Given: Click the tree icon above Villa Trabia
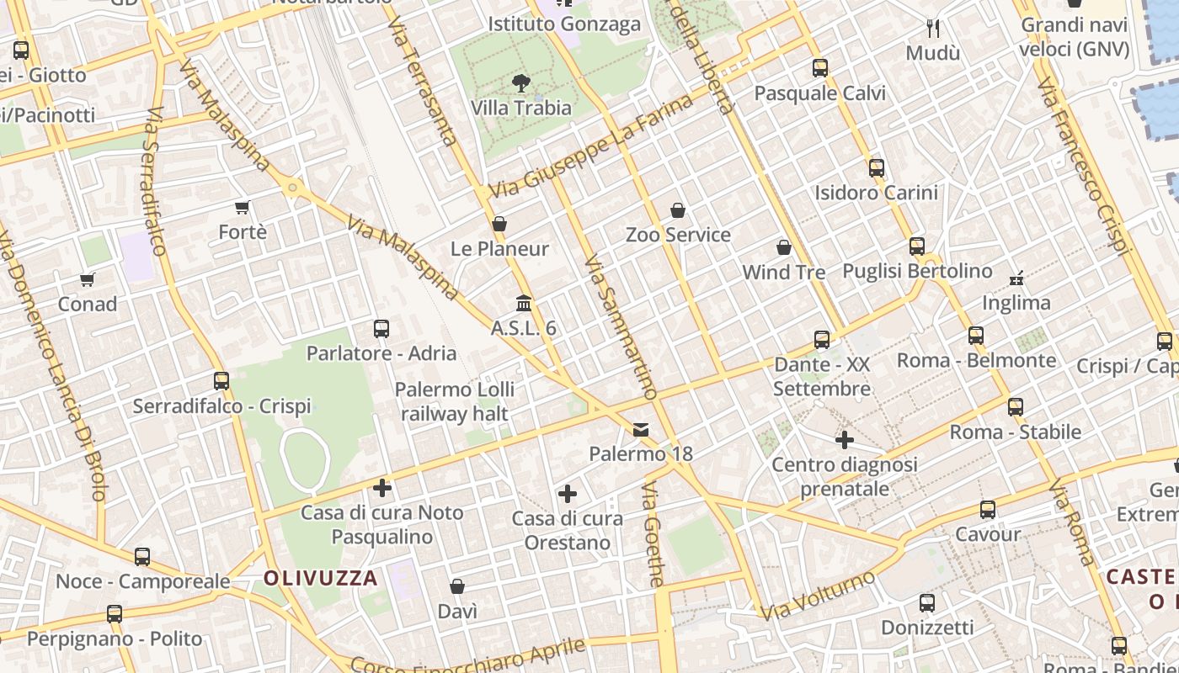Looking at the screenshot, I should tap(521, 82).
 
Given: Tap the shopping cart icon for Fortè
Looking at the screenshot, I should tap(243, 207).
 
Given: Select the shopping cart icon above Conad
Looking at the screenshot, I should tap(88, 279).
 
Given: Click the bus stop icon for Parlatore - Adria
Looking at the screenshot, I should tap(381, 328).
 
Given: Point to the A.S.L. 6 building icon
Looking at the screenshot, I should tap(524, 303).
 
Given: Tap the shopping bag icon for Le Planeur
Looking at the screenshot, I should tap(499, 224).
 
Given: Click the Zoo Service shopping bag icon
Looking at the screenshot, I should tap(678, 210).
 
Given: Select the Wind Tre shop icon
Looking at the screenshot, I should tap(784, 247).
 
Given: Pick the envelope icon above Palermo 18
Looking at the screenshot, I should tap(641, 430).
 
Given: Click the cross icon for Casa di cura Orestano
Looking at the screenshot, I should tap(568, 494).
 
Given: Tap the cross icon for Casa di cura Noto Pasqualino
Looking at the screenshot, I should tap(382, 488).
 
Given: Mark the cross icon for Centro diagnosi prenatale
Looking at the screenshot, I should tap(845, 440).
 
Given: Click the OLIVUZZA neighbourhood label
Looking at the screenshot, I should tap(320, 578).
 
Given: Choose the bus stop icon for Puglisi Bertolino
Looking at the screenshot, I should tap(917, 246).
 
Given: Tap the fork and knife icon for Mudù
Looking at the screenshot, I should tap(933, 29).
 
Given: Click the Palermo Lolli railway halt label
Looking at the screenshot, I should tap(455, 401).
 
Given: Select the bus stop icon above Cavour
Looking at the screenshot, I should tap(988, 510).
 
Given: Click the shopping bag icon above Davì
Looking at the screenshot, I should tap(457, 586).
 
